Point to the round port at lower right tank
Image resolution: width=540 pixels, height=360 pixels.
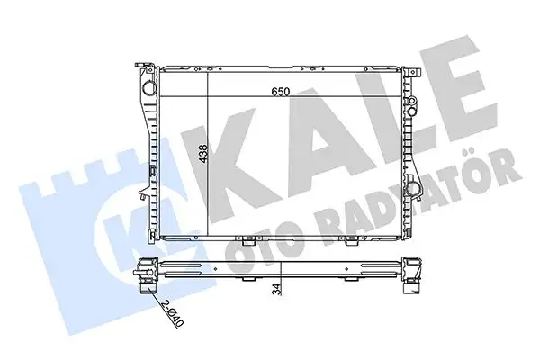point(414,190)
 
